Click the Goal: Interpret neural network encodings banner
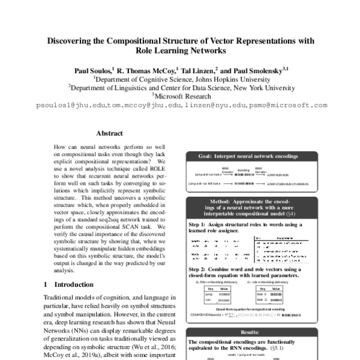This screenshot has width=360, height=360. coord(248,156)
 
